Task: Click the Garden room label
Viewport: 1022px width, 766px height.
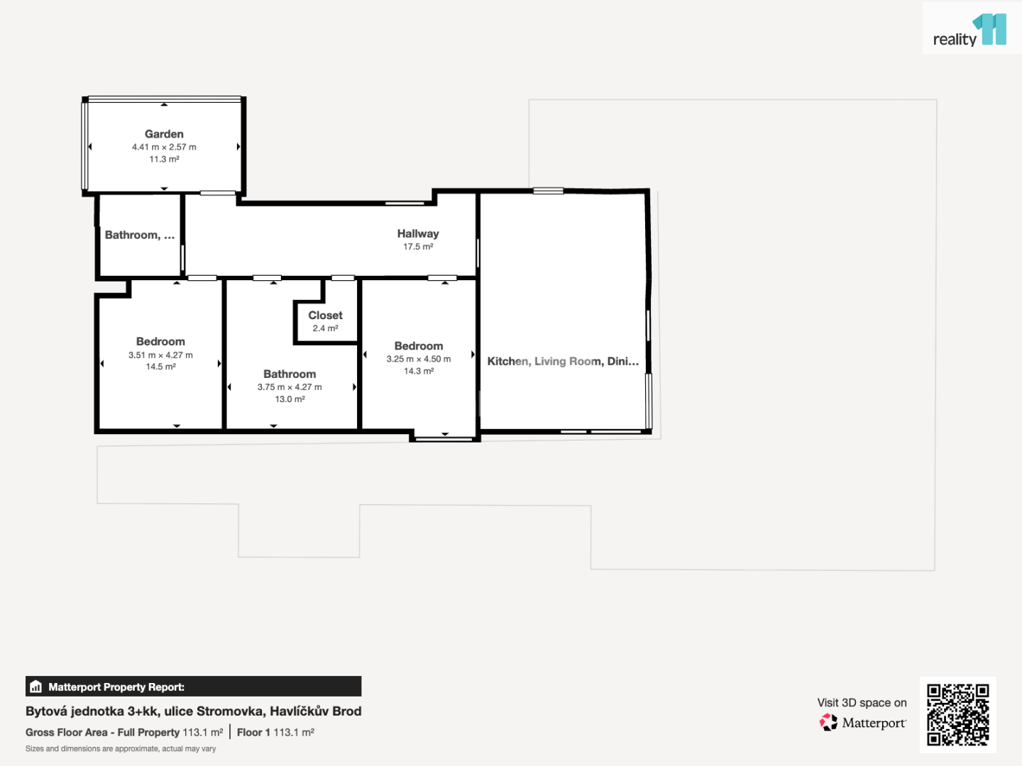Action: [164, 134]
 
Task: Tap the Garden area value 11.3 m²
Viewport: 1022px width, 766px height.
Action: [164, 159]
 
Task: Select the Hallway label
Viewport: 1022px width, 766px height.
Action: [417, 233]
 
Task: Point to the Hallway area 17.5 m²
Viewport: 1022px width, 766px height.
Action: [417, 247]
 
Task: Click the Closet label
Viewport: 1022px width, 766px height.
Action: [325, 316]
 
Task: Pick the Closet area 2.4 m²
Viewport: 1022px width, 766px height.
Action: [325, 328]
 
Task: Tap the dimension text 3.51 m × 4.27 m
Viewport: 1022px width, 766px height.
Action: [160, 355]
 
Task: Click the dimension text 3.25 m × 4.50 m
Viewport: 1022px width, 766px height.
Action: [419, 359]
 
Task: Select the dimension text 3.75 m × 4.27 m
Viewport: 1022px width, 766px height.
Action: [290, 387]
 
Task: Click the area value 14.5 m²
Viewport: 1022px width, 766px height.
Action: [160, 367]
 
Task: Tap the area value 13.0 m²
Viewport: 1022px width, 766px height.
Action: [290, 399]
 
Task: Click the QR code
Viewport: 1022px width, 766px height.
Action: [957, 714]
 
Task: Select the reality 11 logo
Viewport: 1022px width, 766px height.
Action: [970, 30]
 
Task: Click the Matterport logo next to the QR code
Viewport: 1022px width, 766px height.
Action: [862, 723]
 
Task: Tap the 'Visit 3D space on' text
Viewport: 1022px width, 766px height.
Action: [862, 703]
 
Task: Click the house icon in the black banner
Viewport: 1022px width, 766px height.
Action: [36, 687]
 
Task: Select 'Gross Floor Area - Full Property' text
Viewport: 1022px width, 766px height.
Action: [102, 733]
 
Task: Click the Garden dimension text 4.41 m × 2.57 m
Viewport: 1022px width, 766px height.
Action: [164, 147]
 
